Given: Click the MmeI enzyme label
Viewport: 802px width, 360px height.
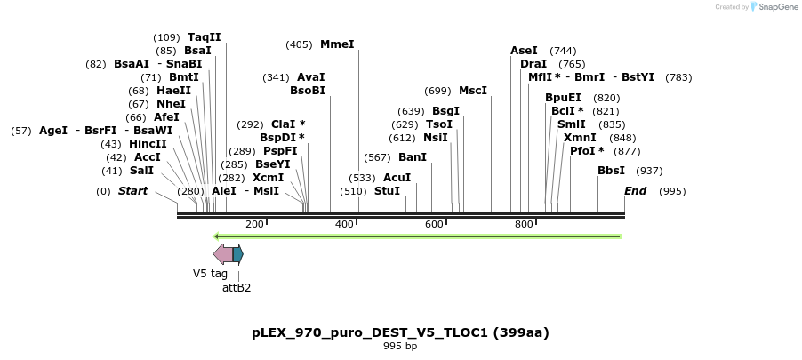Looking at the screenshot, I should tap(337, 44).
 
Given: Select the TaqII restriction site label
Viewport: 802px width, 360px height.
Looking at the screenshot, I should tap(204, 37).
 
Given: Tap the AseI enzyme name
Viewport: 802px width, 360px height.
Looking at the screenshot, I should tap(524, 51).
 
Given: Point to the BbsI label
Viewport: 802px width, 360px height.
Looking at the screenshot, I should tap(611, 171).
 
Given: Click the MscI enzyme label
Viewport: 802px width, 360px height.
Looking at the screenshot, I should tap(473, 91).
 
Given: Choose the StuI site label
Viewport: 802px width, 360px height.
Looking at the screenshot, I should tap(387, 191).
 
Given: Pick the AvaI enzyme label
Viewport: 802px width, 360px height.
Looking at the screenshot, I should tap(310, 77).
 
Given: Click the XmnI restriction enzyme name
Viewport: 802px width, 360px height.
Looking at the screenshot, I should tap(580, 138).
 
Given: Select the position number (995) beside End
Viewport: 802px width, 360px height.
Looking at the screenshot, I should tap(673, 191).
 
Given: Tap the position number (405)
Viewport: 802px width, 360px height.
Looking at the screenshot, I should tap(299, 44).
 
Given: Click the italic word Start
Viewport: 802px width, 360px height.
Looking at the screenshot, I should tap(132, 191).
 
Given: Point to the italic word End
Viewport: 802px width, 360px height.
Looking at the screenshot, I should tap(635, 191).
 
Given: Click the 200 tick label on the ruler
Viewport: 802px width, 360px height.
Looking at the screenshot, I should tap(254, 224).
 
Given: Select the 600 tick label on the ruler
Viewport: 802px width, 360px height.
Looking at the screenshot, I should tap(434, 224).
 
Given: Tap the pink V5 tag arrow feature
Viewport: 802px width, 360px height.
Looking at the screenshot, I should tap(222, 255).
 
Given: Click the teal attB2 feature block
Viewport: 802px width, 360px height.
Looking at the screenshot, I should tap(237, 255).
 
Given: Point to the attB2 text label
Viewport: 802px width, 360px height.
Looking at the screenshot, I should tap(237, 287).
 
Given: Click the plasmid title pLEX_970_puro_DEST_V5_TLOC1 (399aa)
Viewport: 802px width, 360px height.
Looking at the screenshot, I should tap(400, 333).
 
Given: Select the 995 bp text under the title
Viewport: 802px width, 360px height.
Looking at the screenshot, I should tap(400, 347).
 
